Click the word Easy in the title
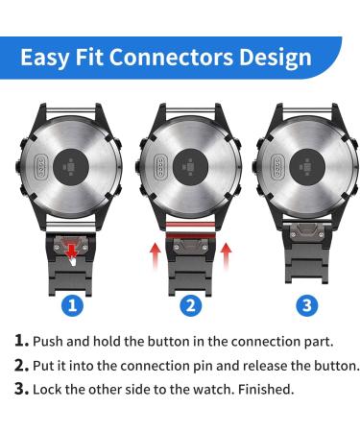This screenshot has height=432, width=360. pyautogui.click(x=48, y=56)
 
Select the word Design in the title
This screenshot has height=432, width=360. pyautogui.click(x=272, y=56)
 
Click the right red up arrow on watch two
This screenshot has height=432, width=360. pyautogui.click(x=228, y=257)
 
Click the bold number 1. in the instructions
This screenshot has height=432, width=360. pyautogui.click(x=21, y=341)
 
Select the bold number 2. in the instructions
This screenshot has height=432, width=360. pyautogui.click(x=21, y=365)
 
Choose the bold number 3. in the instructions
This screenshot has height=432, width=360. pyautogui.click(x=21, y=389)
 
